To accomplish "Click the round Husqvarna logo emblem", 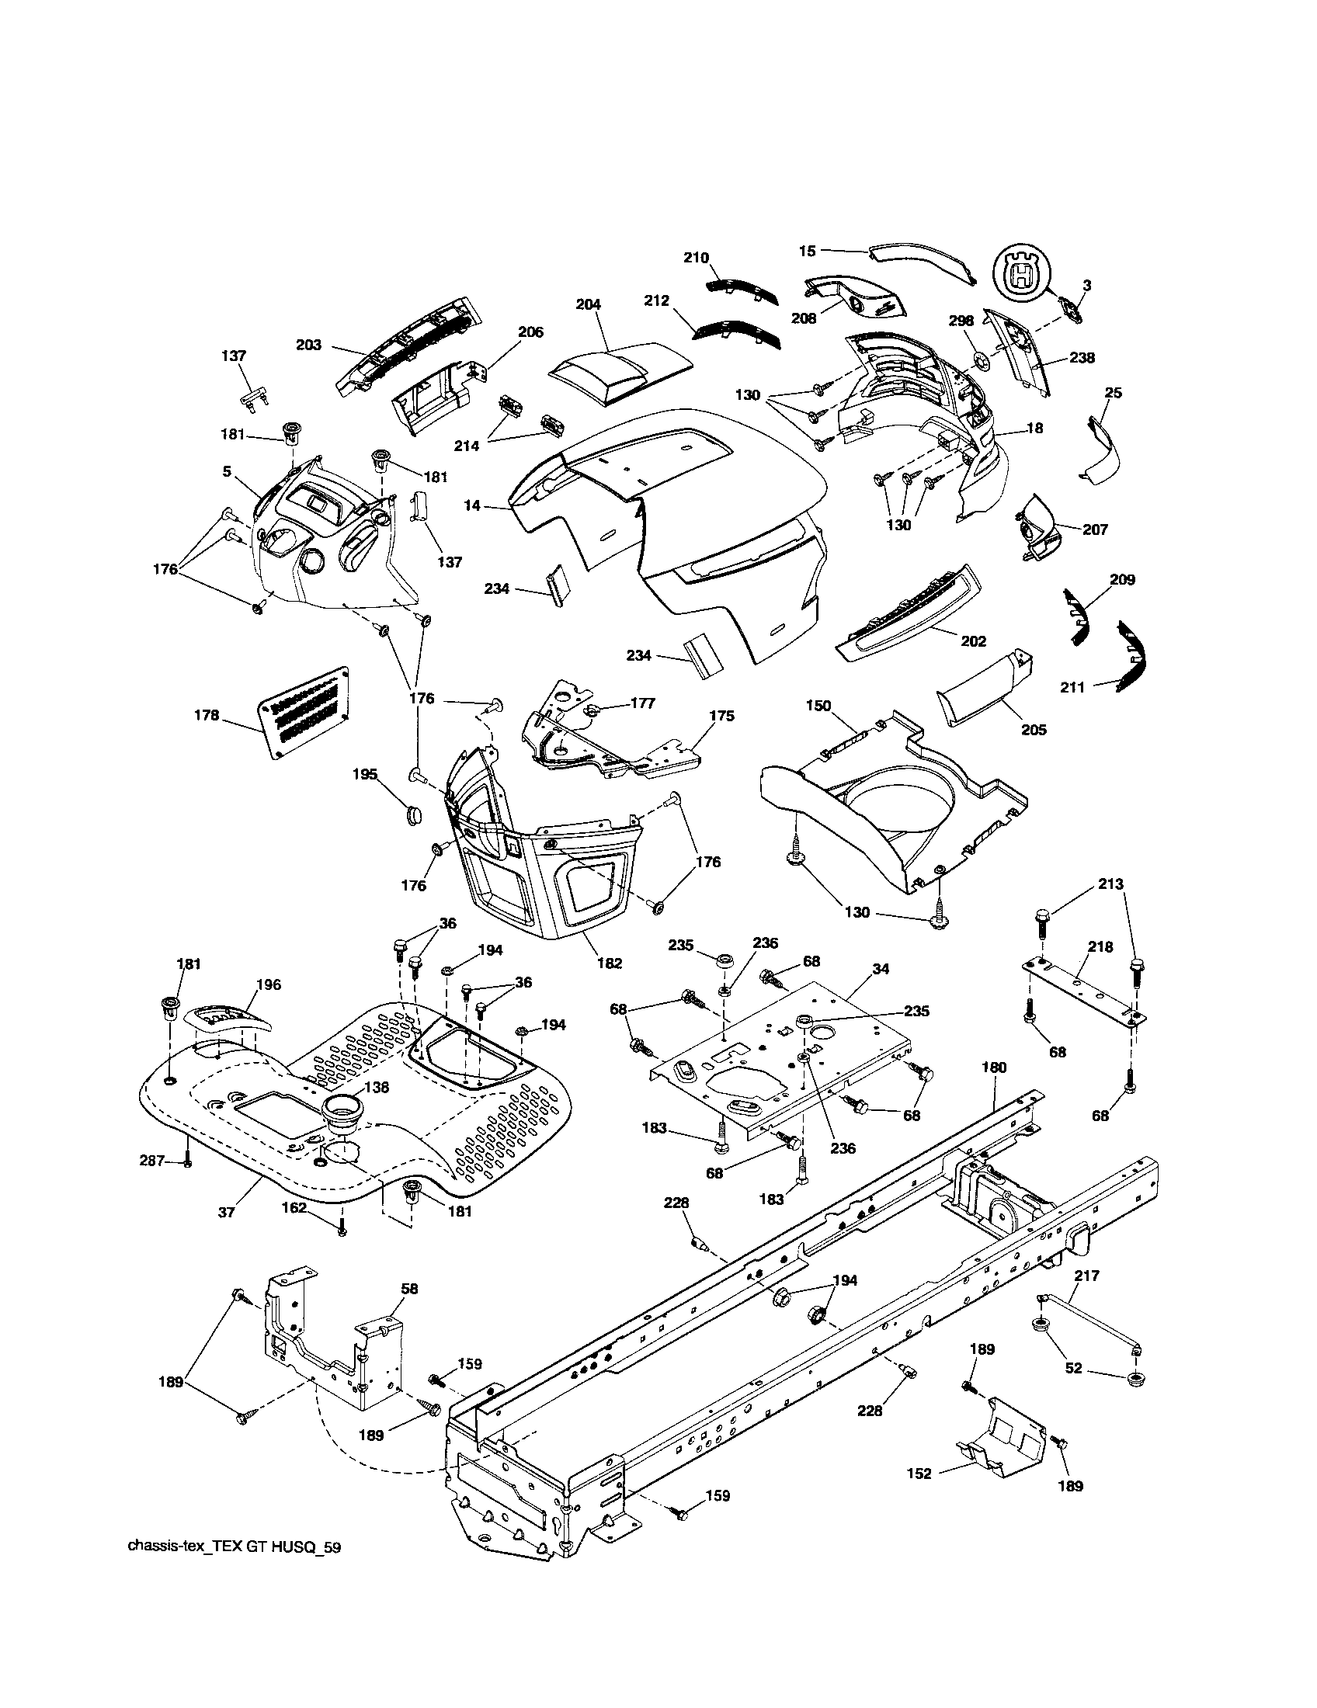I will tap(1020, 271).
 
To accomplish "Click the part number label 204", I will tap(588, 306).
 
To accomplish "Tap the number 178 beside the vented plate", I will tap(207, 714).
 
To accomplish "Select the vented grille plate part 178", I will tap(304, 712).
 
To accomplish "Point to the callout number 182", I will tap(610, 963).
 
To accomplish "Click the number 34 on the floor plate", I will tap(881, 969).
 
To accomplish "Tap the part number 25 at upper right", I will tap(1113, 393).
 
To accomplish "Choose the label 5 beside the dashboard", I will tap(226, 471).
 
